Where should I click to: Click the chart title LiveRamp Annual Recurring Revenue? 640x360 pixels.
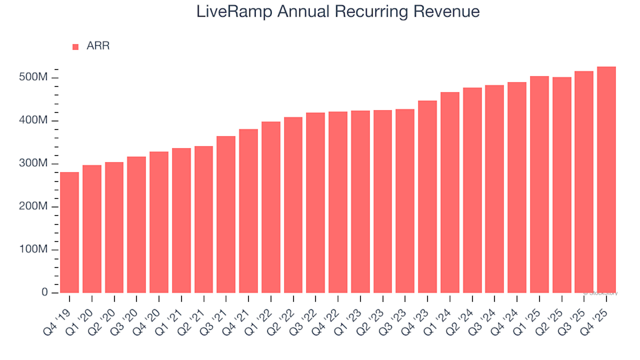338,12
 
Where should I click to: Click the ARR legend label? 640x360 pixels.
98,46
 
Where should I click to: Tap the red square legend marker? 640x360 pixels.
75,47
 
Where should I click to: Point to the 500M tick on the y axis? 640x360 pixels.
33,78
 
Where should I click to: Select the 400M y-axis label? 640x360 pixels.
33,121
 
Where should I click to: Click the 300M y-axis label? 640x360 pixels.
33,164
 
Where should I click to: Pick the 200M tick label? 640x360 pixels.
33,207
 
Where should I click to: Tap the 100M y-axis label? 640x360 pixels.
33,250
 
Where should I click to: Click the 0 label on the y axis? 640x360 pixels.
45,293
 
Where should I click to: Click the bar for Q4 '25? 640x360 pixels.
606,179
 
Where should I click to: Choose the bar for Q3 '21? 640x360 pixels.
226,214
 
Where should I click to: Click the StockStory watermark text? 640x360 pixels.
601,293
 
